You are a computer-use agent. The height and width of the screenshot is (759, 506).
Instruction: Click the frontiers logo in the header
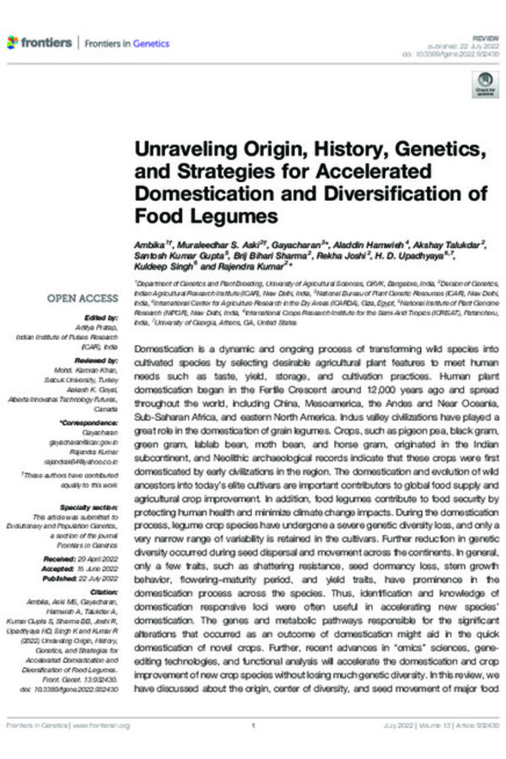40,41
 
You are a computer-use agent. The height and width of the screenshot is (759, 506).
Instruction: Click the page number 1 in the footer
253,725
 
